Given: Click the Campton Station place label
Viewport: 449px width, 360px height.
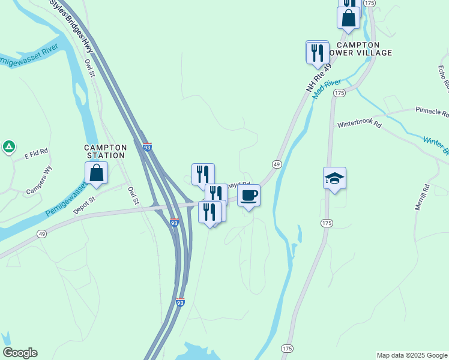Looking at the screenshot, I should pos(105,151).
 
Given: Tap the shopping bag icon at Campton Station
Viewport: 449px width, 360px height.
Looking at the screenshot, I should pos(96,173).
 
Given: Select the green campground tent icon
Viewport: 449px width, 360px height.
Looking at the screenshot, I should pos(8,146).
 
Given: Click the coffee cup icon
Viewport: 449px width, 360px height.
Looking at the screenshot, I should pos(249,195).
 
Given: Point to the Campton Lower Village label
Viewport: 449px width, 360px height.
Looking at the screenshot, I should pos(358,49).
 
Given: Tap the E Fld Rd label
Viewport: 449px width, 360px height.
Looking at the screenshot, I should pos(36,156).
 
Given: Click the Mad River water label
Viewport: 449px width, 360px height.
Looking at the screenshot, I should pos(327,89).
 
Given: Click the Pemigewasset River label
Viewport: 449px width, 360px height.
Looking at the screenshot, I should pos(33,55).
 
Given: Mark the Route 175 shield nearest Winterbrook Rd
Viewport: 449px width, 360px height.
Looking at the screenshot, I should pos(339,93).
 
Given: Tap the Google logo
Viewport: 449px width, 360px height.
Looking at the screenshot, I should pos(20,353).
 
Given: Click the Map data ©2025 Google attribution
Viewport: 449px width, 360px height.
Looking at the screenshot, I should pos(412,355).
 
